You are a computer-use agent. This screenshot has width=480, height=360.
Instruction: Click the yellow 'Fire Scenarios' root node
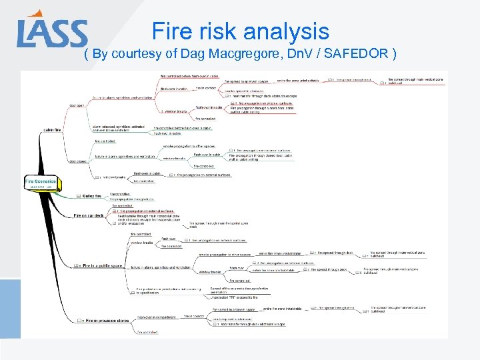pos(41,181)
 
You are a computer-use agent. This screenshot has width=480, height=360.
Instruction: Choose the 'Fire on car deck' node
pos(89,216)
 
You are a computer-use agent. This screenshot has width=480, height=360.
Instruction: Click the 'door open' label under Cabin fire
pos(77,105)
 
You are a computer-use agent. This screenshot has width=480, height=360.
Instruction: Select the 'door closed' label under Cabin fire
pos(77,161)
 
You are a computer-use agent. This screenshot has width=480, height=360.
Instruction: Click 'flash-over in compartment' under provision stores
pos(157,317)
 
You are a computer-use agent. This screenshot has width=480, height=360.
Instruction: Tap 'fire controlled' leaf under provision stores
pos(147,331)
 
